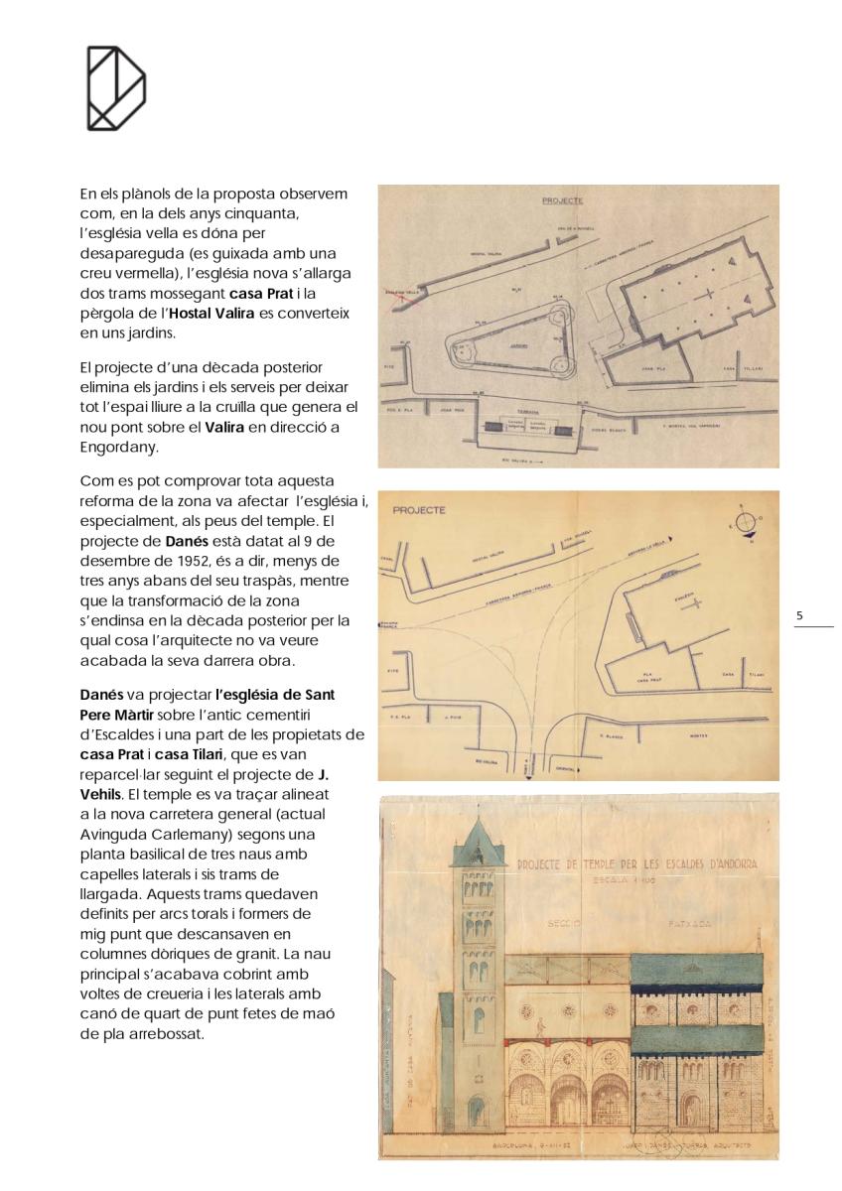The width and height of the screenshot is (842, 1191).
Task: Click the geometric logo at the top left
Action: tap(116, 87)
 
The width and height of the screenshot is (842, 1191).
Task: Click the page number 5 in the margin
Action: tap(800, 616)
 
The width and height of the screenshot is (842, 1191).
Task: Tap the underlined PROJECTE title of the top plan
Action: tap(562, 200)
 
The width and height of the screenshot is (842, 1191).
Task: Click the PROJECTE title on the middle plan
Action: tap(419, 510)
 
